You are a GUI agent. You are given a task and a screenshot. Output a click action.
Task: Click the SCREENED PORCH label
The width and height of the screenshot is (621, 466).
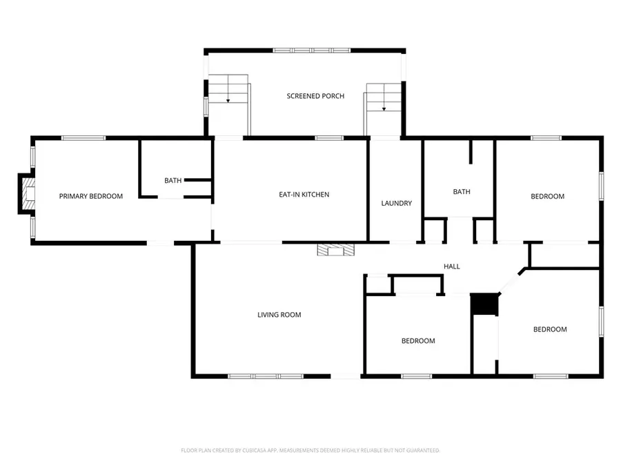tap(315, 96)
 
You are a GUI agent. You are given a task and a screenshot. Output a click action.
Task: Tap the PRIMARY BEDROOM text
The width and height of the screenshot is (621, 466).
tap(90, 196)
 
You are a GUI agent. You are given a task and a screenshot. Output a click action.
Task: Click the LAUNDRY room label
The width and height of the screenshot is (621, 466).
tap(397, 203)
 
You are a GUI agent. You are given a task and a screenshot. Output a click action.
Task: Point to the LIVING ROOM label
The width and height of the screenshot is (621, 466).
tap(279, 315)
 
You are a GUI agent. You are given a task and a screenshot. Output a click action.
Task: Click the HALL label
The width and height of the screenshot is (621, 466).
tap(451, 266)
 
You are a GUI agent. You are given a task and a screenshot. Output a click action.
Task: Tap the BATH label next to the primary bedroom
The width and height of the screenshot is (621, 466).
tap(172, 181)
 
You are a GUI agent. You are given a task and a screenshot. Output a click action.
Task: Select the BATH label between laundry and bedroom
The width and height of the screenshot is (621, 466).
tap(462, 192)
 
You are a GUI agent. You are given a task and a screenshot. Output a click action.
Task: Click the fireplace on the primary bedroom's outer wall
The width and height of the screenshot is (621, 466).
tap(26, 194)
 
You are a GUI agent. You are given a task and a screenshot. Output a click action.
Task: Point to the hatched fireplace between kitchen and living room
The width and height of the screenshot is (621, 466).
tap(335, 250)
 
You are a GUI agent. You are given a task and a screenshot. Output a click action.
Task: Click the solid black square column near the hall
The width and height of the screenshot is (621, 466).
tap(484, 304)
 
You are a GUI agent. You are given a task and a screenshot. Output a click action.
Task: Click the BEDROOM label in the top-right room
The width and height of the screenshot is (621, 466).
tap(547, 196)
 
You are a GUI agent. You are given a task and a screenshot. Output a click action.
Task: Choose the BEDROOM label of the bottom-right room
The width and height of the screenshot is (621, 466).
tap(550, 329)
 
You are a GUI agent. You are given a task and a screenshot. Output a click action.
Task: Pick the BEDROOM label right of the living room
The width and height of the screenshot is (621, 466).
tap(418, 340)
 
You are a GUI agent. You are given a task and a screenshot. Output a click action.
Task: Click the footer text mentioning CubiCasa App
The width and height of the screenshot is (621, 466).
tap(310, 450)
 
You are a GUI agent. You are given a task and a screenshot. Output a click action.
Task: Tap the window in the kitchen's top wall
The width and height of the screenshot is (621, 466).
tap(330, 138)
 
